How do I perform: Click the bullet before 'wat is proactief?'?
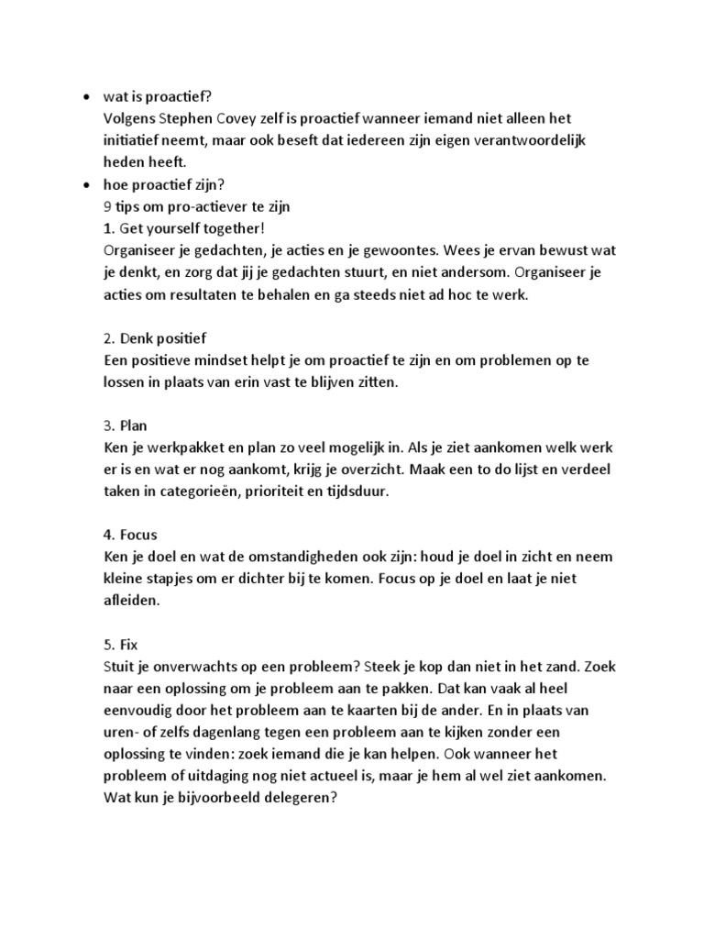click(86, 97)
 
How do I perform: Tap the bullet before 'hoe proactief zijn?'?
click(86, 184)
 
